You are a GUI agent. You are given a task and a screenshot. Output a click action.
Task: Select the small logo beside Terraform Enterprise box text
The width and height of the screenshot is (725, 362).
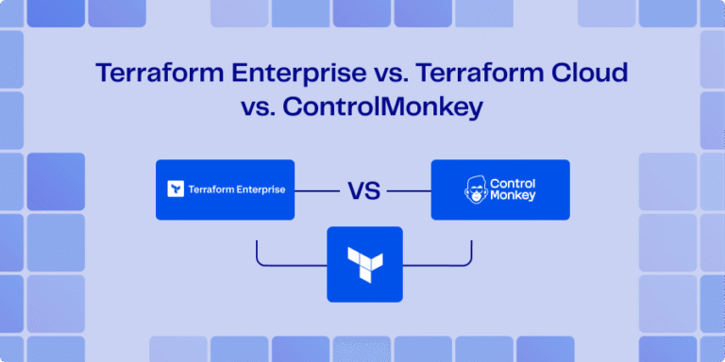click(x=175, y=189)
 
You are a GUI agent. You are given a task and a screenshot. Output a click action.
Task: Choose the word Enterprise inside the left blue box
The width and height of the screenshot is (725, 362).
click(x=263, y=189)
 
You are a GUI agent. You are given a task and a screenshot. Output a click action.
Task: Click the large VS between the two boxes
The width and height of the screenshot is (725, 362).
click(x=363, y=190)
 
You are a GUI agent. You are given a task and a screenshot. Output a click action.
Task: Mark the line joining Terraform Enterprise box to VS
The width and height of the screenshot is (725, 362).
click(x=317, y=190)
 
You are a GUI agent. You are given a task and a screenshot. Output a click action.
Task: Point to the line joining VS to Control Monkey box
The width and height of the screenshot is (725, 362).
click(x=408, y=190)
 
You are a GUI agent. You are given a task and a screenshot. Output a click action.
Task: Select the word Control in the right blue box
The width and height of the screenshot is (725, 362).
click(x=514, y=183)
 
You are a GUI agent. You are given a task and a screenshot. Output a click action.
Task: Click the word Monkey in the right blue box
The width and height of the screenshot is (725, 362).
click(x=514, y=196)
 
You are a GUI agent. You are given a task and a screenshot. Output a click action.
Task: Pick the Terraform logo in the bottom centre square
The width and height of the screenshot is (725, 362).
click(x=364, y=264)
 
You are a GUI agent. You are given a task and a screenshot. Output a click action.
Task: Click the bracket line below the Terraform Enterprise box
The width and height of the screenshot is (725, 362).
click(x=283, y=263)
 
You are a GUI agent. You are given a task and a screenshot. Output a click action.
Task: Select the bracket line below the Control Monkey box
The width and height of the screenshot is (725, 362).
click(x=444, y=263)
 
